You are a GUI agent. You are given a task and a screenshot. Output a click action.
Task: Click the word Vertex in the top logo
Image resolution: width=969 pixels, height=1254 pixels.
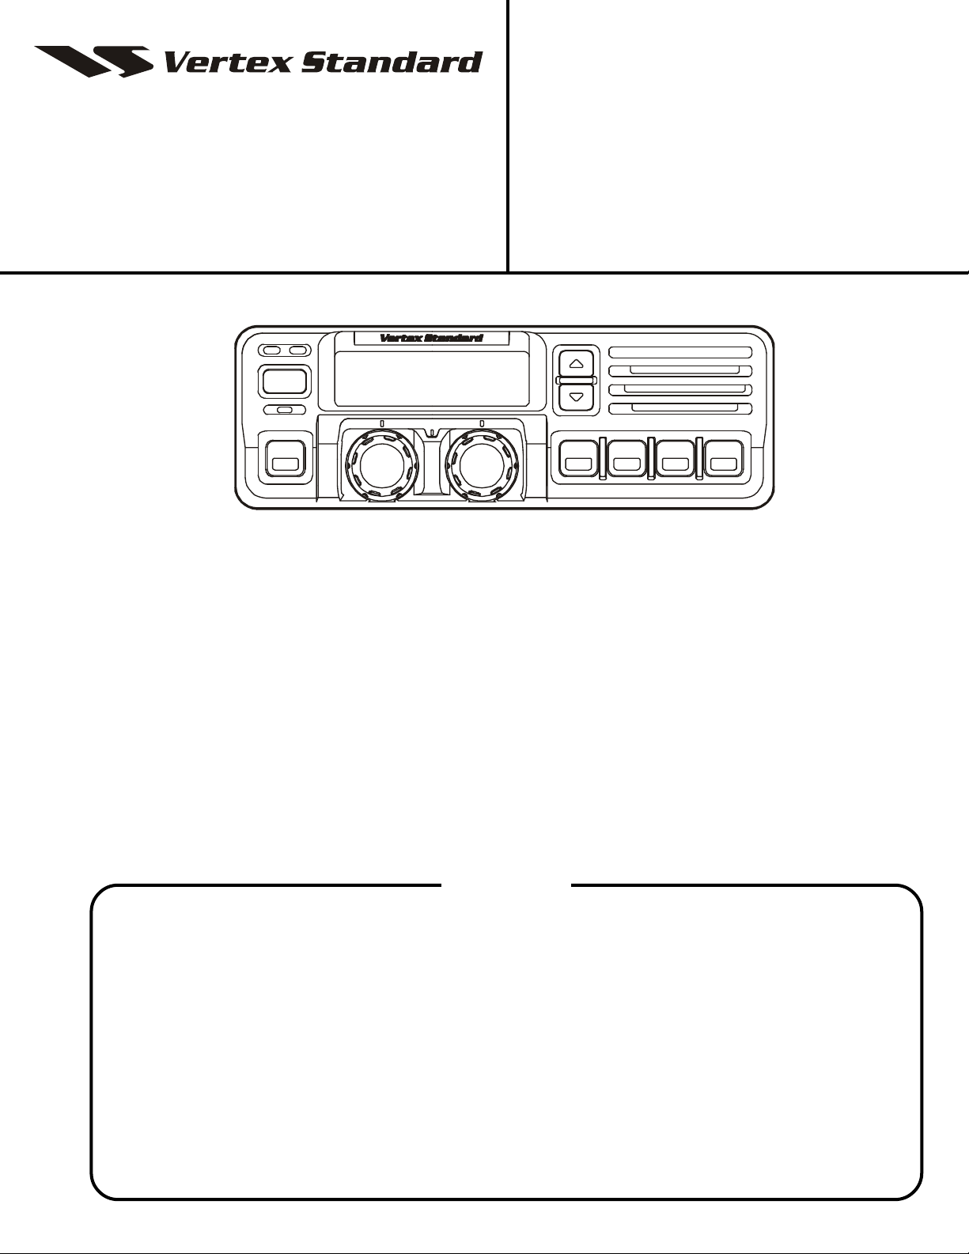(x=228, y=63)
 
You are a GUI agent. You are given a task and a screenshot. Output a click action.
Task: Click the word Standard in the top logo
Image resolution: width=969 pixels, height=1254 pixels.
(x=392, y=63)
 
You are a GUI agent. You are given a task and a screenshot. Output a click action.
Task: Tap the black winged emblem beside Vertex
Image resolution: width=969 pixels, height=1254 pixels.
(x=94, y=61)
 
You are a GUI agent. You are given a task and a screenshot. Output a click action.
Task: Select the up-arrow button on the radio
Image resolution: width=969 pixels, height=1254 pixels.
(x=576, y=364)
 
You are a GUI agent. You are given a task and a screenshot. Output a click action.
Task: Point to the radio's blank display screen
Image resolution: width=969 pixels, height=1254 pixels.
(x=432, y=378)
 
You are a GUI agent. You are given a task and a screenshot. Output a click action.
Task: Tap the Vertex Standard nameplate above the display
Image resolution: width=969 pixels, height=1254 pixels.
(x=431, y=338)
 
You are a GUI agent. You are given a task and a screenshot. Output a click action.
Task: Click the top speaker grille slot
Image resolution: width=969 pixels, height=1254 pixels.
(x=680, y=353)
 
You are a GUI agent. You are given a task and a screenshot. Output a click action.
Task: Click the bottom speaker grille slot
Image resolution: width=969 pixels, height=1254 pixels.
(x=680, y=409)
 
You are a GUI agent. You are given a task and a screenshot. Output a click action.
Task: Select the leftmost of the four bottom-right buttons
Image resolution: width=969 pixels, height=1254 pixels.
(x=578, y=459)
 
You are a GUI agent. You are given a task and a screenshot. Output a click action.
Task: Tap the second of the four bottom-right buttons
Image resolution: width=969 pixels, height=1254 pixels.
(x=627, y=459)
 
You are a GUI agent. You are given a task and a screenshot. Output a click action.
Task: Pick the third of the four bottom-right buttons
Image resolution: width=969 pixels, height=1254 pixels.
(x=676, y=459)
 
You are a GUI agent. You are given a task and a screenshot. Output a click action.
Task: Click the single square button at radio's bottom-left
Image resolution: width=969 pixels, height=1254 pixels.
(x=285, y=459)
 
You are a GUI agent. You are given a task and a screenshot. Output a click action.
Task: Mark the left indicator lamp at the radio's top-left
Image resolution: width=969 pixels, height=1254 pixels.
(x=271, y=350)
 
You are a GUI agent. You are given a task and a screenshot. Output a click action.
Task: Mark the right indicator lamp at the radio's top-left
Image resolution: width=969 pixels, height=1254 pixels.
(x=298, y=350)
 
